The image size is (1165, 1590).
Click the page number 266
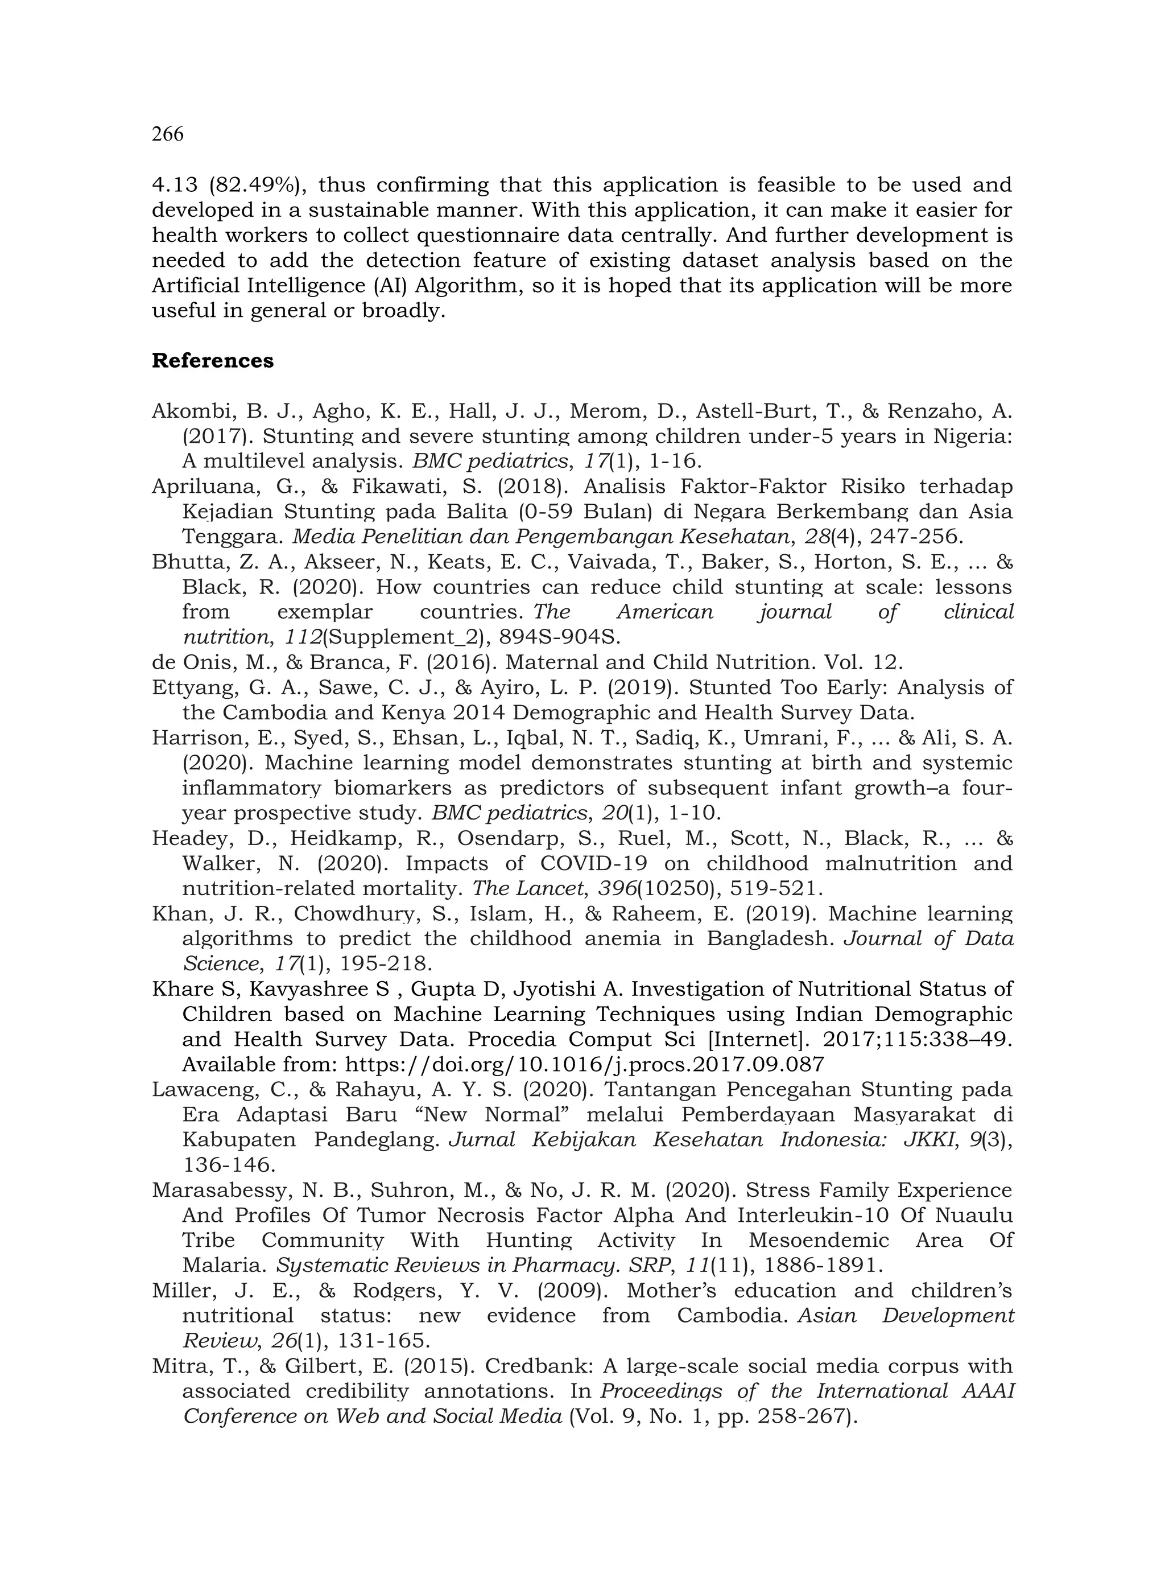tap(168, 134)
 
